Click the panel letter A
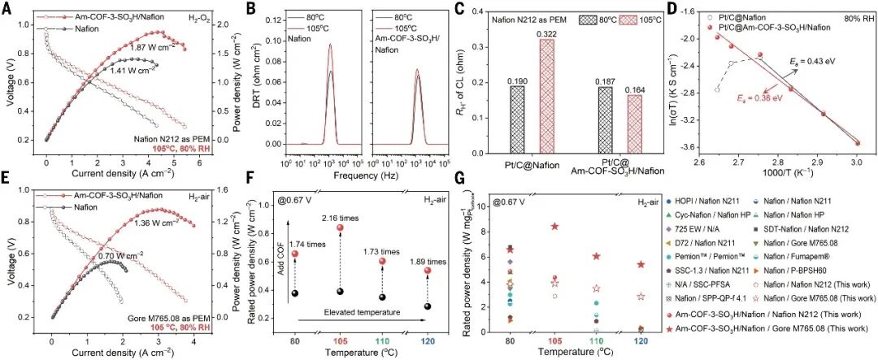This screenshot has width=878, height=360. pyautogui.click(x=9, y=10)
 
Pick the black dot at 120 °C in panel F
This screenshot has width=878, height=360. pyautogui.click(x=427, y=306)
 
